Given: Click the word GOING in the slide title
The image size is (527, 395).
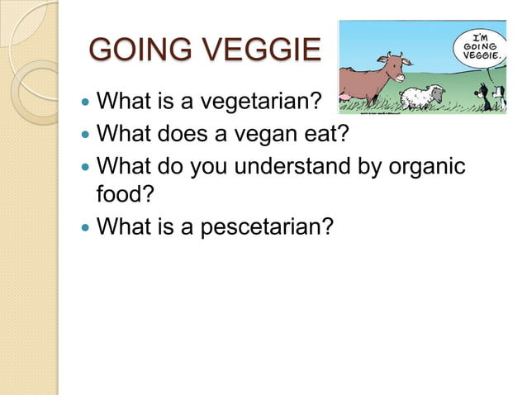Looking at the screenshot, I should pos(134,51).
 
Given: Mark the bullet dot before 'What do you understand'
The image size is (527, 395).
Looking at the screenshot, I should pos(83,165).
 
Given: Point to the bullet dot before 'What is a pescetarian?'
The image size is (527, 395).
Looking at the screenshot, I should pos(83,226).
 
